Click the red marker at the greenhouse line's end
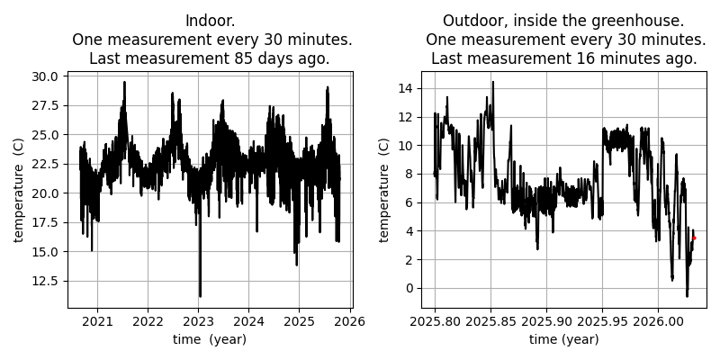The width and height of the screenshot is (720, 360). (694, 238)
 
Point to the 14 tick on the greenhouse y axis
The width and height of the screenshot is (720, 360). (405, 88)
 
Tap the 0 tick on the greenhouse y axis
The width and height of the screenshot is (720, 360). (409, 288)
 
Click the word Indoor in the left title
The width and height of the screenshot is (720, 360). (204, 21)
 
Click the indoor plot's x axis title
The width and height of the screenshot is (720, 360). (210, 339)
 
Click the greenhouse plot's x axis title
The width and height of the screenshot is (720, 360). (563, 339)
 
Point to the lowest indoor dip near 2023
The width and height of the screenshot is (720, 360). (200, 295)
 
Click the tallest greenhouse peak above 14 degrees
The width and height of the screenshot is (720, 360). (492, 83)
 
